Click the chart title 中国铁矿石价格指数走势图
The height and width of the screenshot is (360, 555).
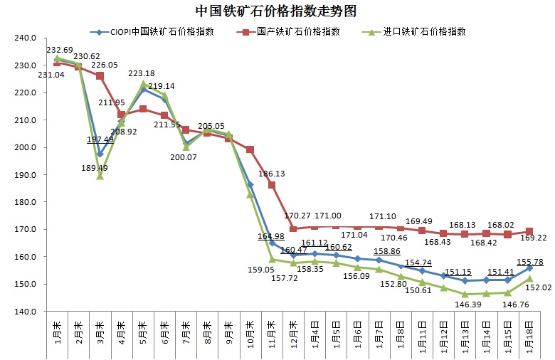[276, 12]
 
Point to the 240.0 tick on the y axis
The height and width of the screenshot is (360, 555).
[25, 38]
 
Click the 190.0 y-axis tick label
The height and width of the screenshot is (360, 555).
[25, 175]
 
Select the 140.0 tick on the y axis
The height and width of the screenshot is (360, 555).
[25, 312]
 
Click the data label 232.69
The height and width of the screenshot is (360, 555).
[60, 50]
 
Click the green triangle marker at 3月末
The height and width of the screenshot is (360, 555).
[100, 176]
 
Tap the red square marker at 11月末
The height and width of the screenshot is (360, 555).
[272, 185]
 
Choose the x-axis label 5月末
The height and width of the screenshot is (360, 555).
[144, 331]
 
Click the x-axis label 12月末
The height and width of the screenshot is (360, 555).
[293, 332]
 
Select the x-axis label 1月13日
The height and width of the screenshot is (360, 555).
[465, 334]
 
